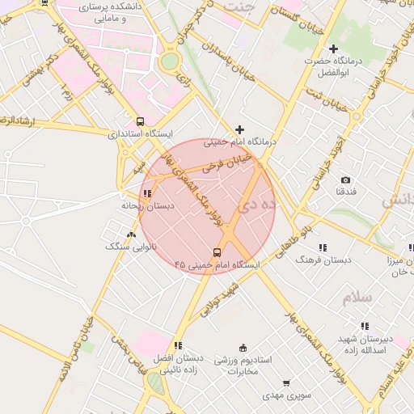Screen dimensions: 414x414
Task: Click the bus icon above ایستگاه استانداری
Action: point(141,121)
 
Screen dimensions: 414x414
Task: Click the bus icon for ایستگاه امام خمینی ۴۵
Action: point(217,253)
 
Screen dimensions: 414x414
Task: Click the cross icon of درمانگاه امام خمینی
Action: point(239,129)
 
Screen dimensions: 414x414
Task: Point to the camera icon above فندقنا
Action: point(346,180)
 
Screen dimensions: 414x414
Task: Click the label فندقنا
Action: point(346,192)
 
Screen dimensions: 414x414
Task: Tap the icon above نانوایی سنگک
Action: point(130,234)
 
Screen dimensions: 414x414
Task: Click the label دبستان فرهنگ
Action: point(323,260)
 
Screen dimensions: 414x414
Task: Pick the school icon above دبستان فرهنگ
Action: point(323,247)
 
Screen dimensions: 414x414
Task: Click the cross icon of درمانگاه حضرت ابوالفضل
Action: point(332,49)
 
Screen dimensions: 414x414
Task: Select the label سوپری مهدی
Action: point(285,396)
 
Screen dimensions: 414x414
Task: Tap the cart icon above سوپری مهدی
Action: point(285,384)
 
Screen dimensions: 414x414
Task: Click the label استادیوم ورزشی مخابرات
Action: point(243,365)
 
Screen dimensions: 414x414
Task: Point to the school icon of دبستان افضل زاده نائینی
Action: point(178,345)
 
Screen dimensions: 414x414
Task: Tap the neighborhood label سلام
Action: point(357,298)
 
